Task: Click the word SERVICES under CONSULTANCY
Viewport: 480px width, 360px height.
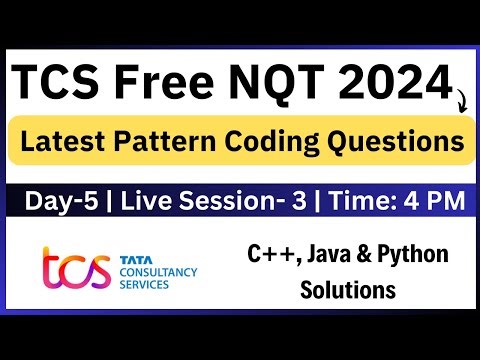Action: click(x=144, y=284)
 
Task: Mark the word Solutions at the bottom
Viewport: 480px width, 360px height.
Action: click(x=351, y=291)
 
